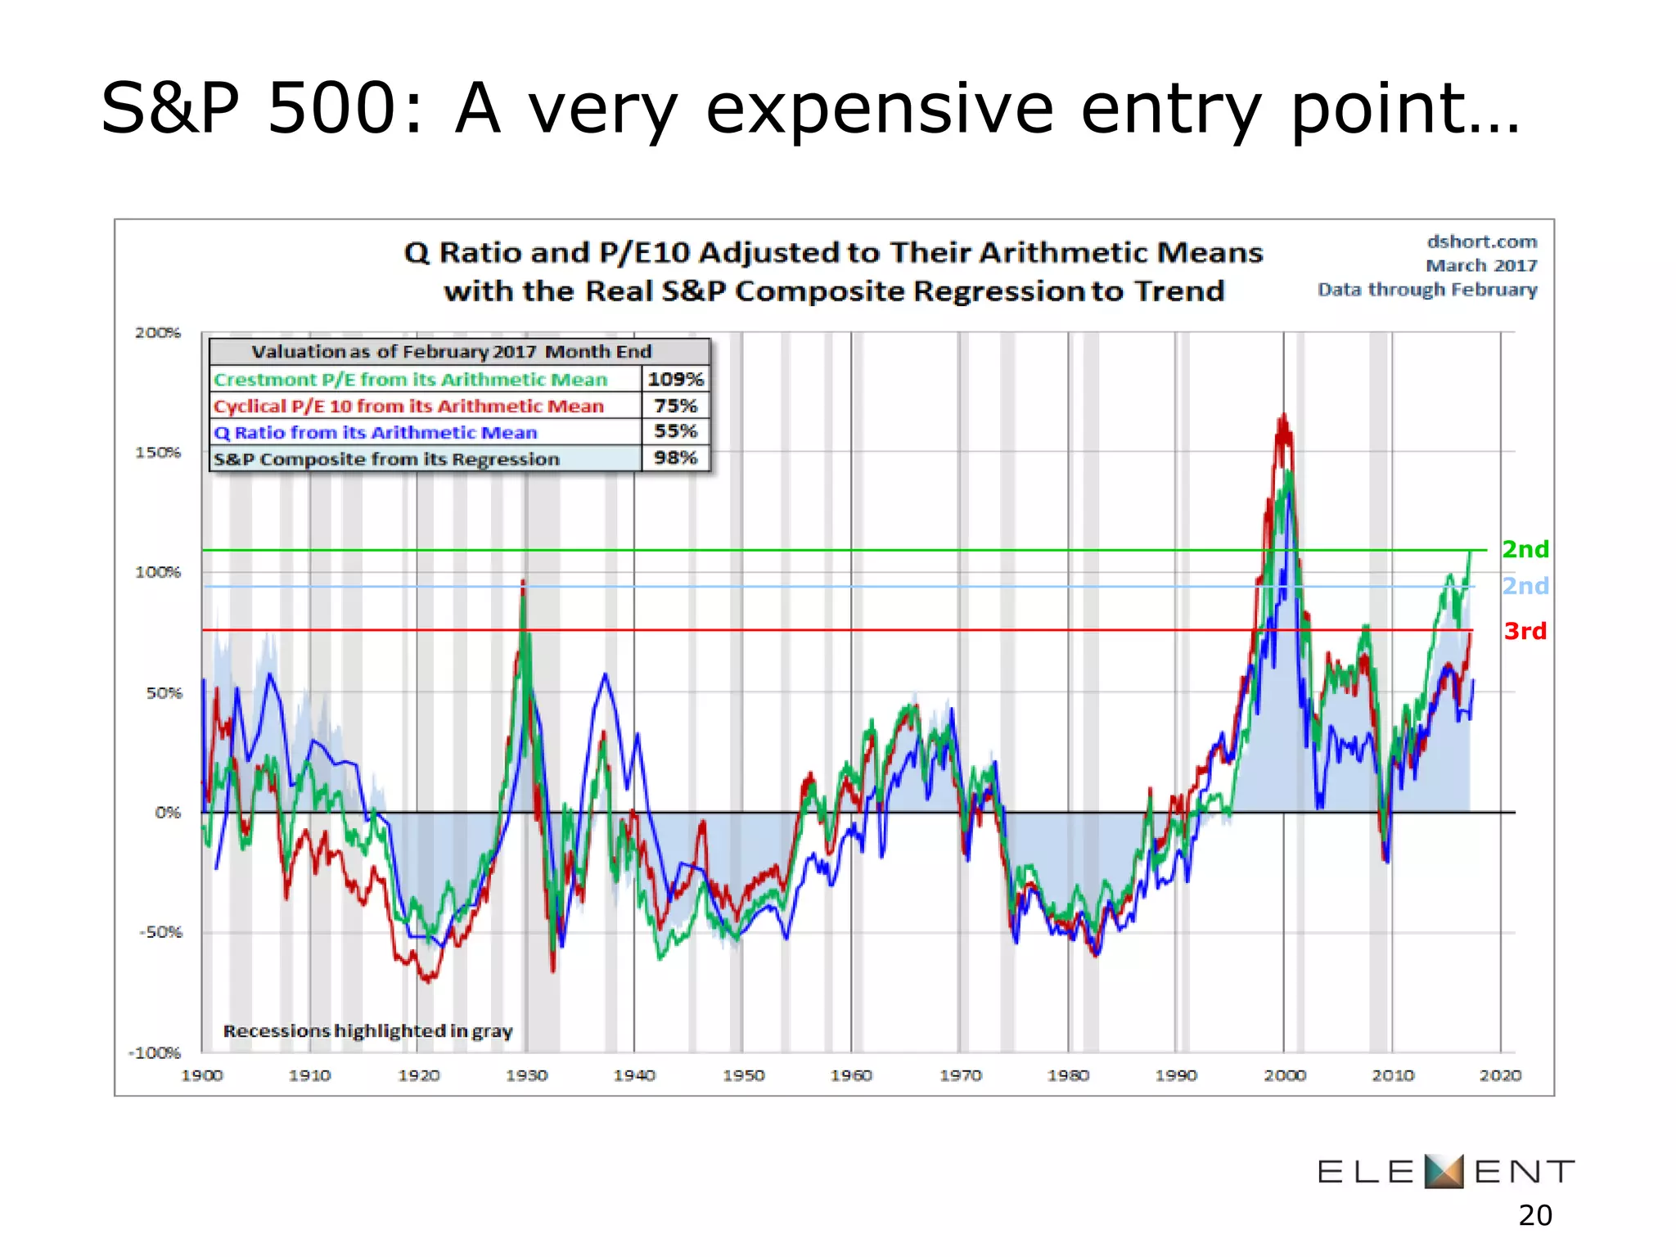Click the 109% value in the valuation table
(x=675, y=379)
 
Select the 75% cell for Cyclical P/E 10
(x=675, y=406)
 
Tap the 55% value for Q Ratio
(x=675, y=431)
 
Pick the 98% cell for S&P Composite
(x=675, y=457)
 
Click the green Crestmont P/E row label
(x=411, y=380)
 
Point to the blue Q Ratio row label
(x=376, y=432)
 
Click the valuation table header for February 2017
(x=451, y=352)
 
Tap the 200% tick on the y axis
(x=158, y=332)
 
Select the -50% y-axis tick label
(x=160, y=932)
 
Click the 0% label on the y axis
(x=168, y=813)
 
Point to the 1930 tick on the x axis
(x=526, y=1075)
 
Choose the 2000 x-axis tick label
(x=1284, y=1075)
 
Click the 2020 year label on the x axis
(x=1500, y=1075)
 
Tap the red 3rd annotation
(x=1525, y=631)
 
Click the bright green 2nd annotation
(x=1525, y=549)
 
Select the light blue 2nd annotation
(x=1525, y=586)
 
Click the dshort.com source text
(x=1481, y=242)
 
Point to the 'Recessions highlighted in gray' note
(x=367, y=1031)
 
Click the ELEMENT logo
(x=1445, y=1171)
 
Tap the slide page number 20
(x=1534, y=1216)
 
